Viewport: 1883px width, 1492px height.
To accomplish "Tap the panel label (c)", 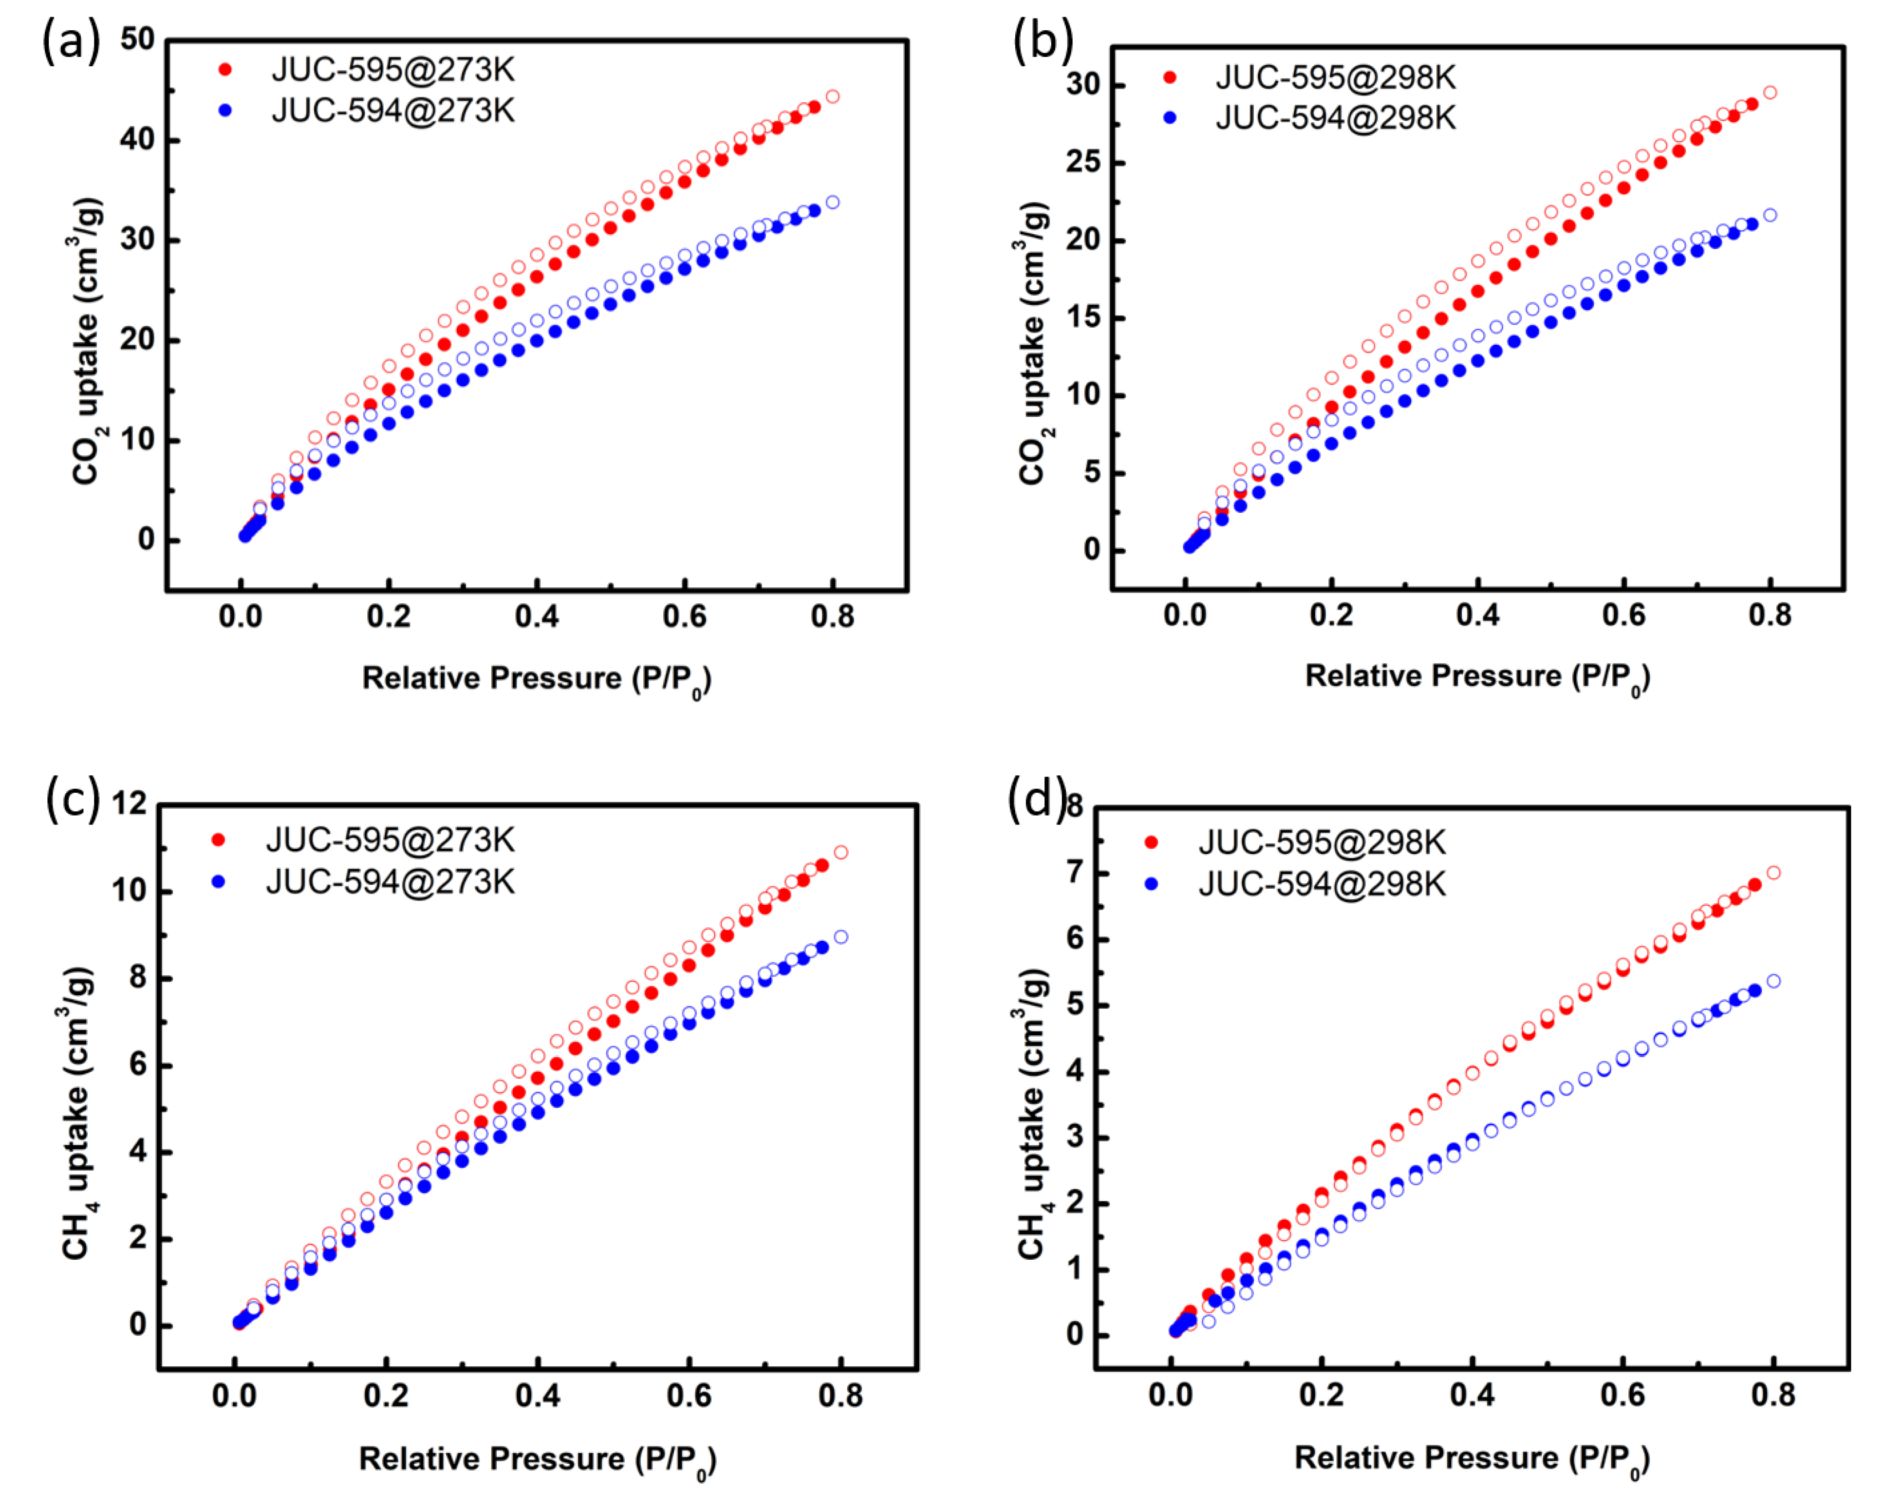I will (x=73, y=799).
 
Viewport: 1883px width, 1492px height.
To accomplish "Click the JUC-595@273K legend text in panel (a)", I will (x=393, y=70).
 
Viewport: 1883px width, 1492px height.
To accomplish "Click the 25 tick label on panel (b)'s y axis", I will (x=1083, y=163).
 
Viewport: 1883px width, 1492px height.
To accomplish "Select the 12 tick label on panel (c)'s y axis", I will (x=129, y=803).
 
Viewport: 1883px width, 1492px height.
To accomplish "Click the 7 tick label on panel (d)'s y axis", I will (x=1073, y=873).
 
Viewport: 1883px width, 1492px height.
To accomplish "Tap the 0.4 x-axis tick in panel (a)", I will (x=536, y=617).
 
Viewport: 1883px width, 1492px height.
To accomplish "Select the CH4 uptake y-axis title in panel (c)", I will (x=77, y=1113).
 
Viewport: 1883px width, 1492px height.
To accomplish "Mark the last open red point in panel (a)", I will (x=832, y=96).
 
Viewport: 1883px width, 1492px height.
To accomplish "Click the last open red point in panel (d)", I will (x=1773, y=873).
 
